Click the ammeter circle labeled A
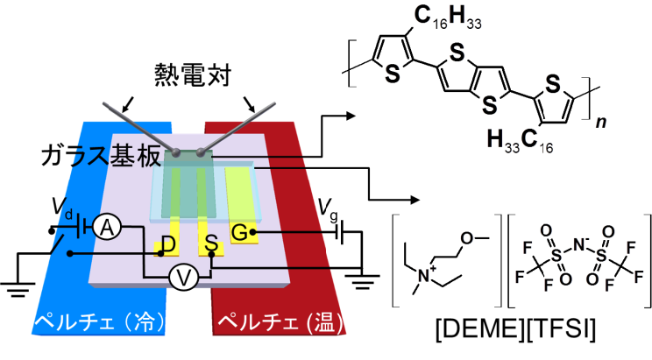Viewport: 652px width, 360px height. (x=106, y=227)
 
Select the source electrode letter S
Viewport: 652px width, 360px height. (x=209, y=243)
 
